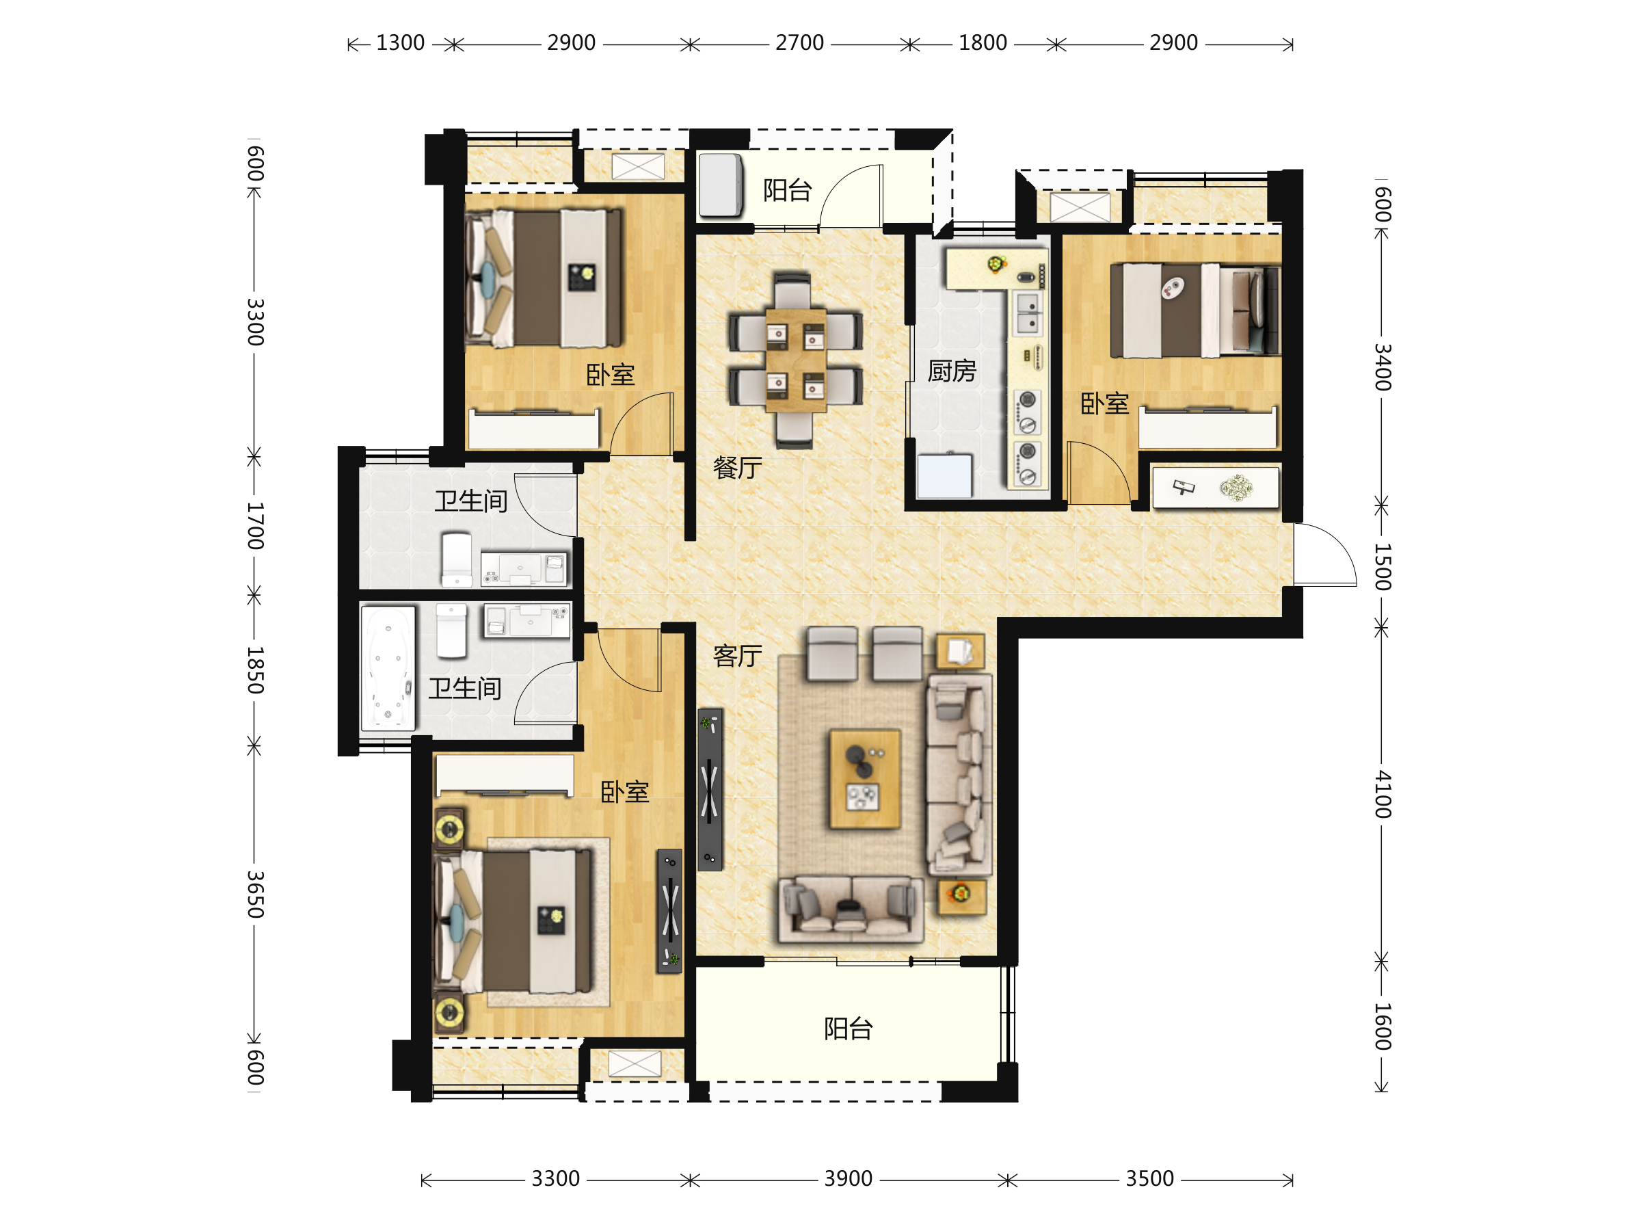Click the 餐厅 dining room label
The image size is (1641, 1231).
[x=736, y=468]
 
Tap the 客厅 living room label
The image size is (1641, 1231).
[x=736, y=656]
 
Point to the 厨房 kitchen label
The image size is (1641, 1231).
[x=952, y=371]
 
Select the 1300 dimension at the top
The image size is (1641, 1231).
[x=400, y=43]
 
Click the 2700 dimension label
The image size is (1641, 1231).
[x=799, y=43]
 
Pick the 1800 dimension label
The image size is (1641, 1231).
[x=983, y=43]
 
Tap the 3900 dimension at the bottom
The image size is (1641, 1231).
[x=848, y=1178]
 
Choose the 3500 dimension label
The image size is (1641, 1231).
[x=1149, y=1178]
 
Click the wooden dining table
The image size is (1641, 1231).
[x=795, y=360]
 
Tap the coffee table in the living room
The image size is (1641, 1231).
[x=864, y=778]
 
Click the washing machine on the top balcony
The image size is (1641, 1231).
[x=721, y=185]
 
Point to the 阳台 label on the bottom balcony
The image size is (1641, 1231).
[x=848, y=1029]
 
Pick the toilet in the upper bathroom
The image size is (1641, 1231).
[x=456, y=559]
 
